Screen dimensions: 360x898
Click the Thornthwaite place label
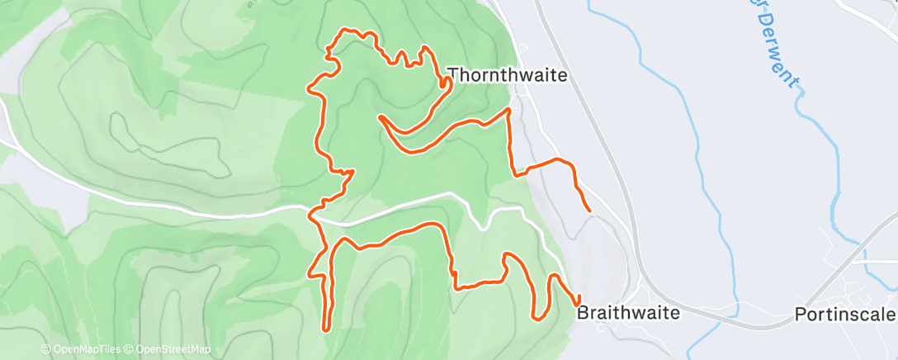[x=507, y=75]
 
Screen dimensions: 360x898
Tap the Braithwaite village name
[x=628, y=313]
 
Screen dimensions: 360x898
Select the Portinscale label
[x=844, y=315]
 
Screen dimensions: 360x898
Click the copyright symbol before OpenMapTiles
[x=45, y=349]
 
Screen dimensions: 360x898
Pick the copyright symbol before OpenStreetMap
[x=130, y=349]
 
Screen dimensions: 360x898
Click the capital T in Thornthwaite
[x=452, y=75]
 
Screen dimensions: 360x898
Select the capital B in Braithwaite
[x=582, y=313]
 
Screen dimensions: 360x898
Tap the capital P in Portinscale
[x=800, y=315]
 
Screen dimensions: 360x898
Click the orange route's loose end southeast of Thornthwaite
[x=588, y=211]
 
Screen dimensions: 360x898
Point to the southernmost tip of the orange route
[x=328, y=329]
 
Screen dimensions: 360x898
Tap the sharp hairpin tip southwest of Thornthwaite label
[x=380, y=117]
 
